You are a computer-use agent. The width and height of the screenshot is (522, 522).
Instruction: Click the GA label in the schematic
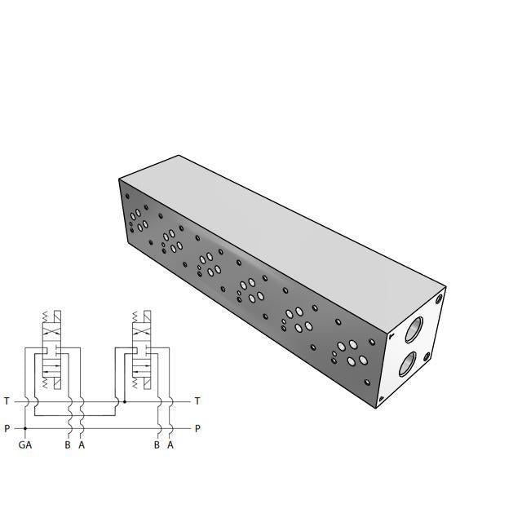pyautogui.click(x=25, y=445)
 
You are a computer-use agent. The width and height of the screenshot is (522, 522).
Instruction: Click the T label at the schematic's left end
pyautogui.click(x=7, y=401)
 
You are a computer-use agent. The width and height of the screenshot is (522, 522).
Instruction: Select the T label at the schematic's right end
pyautogui.click(x=197, y=401)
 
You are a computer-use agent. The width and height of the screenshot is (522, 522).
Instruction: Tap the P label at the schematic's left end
pyautogui.click(x=7, y=428)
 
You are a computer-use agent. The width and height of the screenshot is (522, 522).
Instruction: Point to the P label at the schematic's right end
pyautogui.click(x=197, y=428)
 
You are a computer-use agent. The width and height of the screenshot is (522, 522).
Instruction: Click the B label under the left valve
pyautogui.click(x=68, y=445)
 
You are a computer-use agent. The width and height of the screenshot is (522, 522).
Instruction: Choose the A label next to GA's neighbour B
pyautogui.click(x=82, y=445)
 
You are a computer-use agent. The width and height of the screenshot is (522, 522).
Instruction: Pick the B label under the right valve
pyautogui.click(x=157, y=445)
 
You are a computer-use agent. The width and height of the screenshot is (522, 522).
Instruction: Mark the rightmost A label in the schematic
pyautogui.click(x=170, y=445)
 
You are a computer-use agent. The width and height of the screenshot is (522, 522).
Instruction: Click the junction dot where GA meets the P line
pyautogui.click(x=25, y=428)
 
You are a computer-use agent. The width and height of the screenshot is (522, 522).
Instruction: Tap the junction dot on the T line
pyautogui.click(x=124, y=401)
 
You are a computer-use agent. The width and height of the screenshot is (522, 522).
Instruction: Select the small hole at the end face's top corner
pyautogui.click(x=439, y=299)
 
